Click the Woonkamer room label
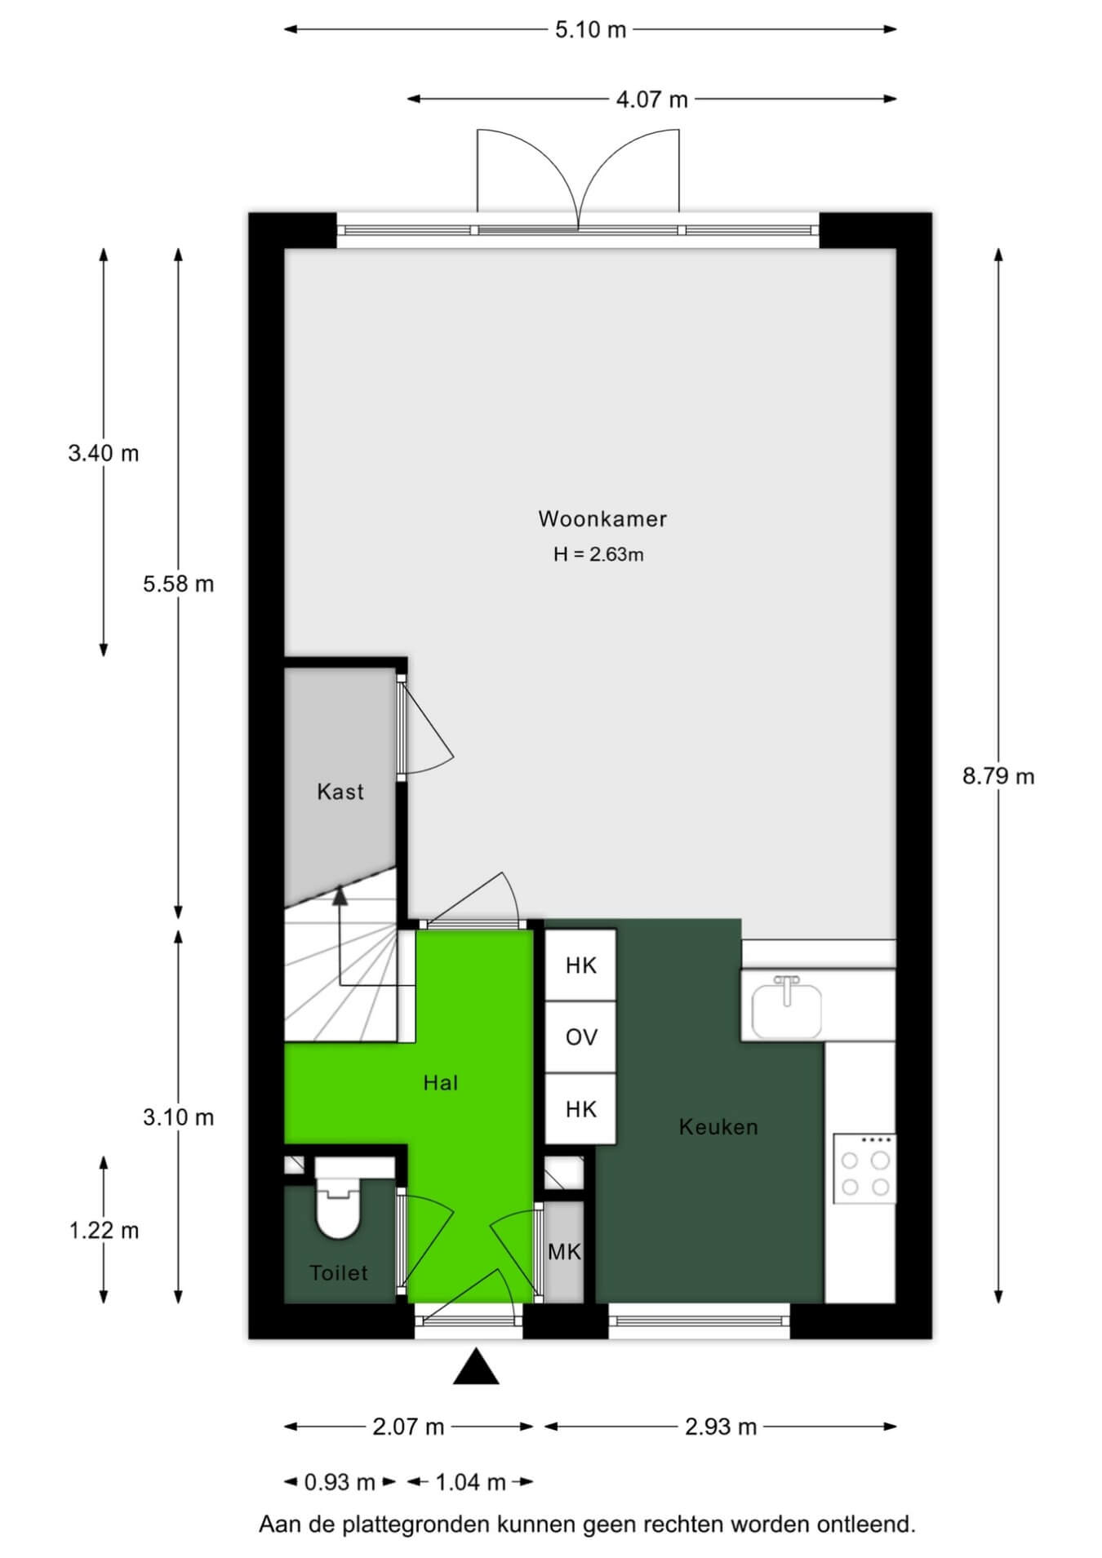602,519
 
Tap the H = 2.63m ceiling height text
598,555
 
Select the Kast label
340,792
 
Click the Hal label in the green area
441,1083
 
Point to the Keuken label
718,1127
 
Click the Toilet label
339,1273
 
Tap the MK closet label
564,1252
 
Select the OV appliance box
580,1037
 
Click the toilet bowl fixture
337,1196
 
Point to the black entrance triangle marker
476,1367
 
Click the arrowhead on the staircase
340,896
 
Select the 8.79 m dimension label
998,776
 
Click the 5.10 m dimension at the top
590,30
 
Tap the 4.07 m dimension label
651,100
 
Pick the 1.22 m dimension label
104,1230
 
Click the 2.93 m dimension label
721,1427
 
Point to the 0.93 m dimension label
340,1481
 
